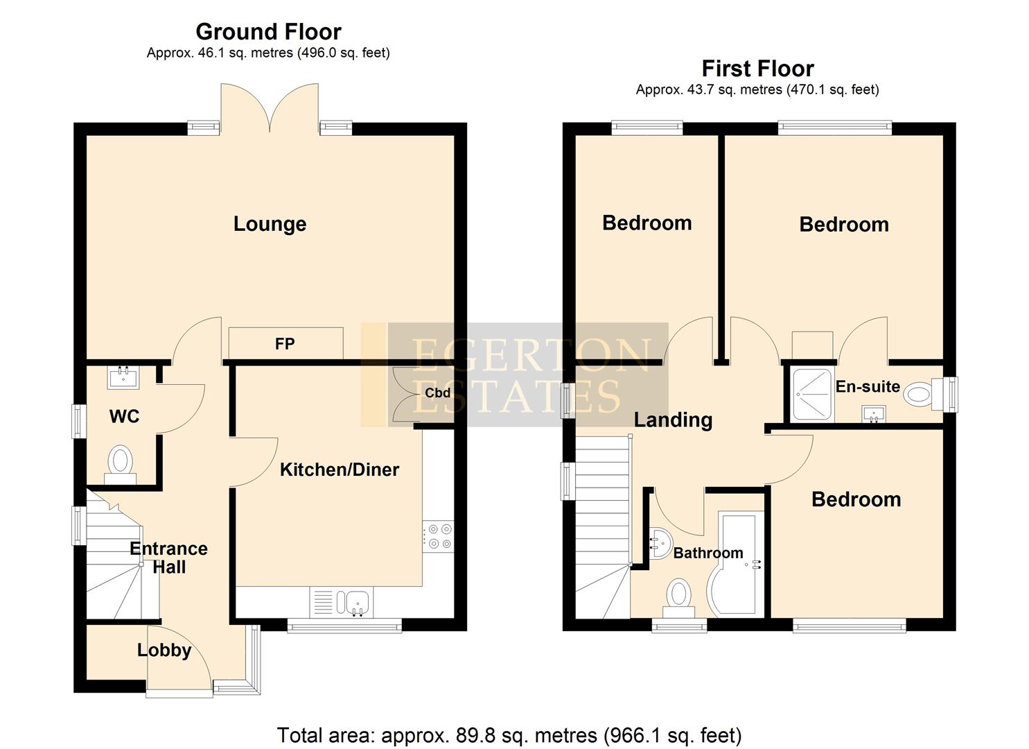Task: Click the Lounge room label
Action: coord(270,224)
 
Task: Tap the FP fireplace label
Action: coord(285,343)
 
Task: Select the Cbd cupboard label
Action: coord(437,393)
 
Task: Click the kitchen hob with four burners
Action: coord(438,536)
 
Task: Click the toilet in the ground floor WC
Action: coord(121,462)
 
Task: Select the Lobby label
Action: coord(164,650)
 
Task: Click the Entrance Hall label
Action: coord(168,558)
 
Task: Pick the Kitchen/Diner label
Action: coord(339,470)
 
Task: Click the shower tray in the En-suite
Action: coord(811,394)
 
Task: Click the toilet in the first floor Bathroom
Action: coord(678,598)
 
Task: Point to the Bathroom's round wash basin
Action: coord(660,541)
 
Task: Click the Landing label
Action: coord(673,420)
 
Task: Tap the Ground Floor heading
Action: coord(268,32)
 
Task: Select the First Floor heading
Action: coord(757,69)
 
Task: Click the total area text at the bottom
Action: coord(509,734)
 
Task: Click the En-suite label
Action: coord(867,386)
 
